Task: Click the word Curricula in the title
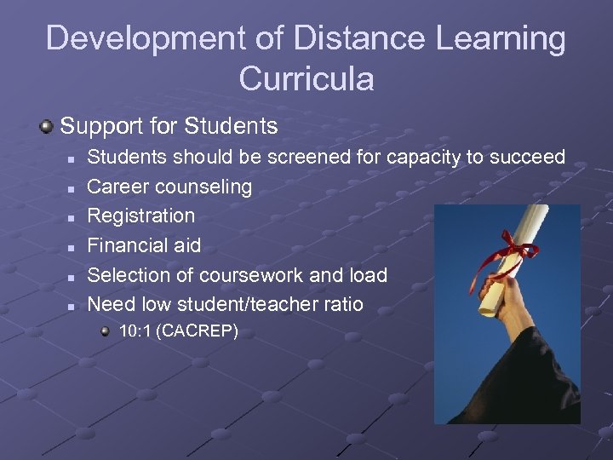point(306,78)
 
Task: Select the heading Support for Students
point(169,126)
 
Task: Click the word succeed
point(525,157)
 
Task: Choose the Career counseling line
point(169,186)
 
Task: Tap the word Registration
point(141,216)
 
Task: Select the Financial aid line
point(144,245)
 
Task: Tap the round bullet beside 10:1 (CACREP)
point(105,331)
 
